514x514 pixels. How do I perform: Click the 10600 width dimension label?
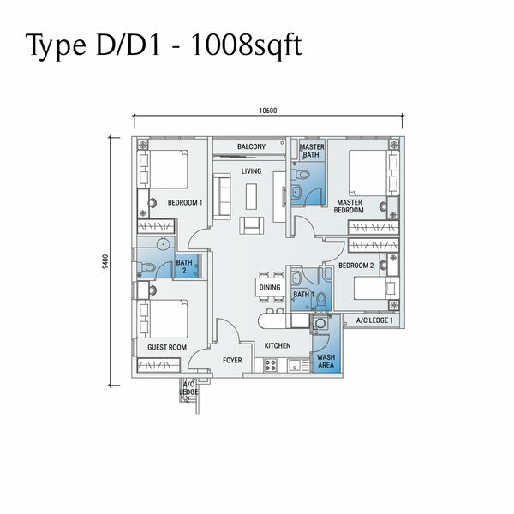click(268, 111)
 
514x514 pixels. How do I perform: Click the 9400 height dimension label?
click(105, 261)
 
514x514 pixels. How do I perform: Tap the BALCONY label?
click(251, 146)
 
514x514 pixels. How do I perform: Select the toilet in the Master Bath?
click(300, 174)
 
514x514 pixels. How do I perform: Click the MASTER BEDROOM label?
click(349, 206)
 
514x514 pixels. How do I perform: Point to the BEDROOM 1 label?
click(185, 202)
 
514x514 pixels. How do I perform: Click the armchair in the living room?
click(251, 225)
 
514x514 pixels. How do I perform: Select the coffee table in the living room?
click(251, 196)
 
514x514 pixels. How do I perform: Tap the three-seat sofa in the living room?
click(222, 196)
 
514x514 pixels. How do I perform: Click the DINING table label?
click(270, 288)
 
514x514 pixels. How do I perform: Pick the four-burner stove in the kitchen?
click(271, 365)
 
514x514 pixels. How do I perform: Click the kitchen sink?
click(294, 365)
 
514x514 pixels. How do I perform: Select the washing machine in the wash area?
click(320, 324)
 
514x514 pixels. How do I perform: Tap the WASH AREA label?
click(326, 361)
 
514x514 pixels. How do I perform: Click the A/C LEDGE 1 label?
click(374, 320)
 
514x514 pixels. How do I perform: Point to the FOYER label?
click(232, 361)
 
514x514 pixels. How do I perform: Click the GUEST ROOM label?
click(167, 347)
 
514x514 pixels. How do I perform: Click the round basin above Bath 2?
click(163, 244)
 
